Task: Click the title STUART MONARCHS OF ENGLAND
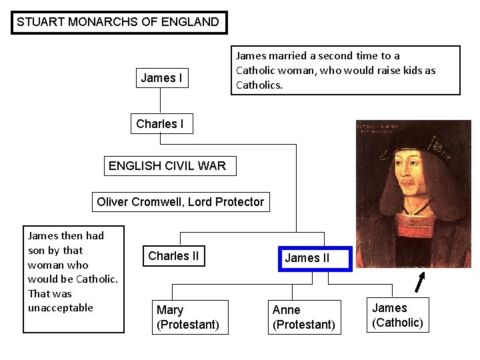point(119,22)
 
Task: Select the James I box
point(161,78)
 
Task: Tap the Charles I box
point(160,124)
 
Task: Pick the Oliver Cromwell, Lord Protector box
point(180,201)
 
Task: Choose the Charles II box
point(173,256)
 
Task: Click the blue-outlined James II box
point(307,258)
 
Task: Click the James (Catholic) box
point(397,315)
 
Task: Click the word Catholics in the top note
point(259,85)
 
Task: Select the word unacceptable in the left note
point(61,307)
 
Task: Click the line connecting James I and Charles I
point(160,102)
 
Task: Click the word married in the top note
point(290,56)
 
